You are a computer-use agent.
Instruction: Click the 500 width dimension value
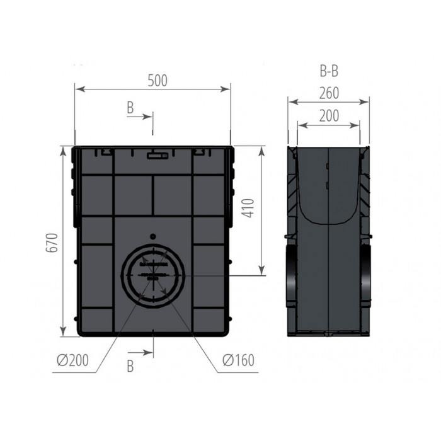(157, 81)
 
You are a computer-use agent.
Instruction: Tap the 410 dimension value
(248, 208)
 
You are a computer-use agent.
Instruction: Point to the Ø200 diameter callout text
(72, 360)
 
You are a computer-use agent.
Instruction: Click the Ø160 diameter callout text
(239, 360)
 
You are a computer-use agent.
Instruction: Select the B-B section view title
(329, 71)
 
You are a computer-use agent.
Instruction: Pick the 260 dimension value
(329, 93)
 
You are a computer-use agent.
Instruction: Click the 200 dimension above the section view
(329, 115)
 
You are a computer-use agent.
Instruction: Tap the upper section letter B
(130, 108)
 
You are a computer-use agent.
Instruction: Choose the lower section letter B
(130, 366)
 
